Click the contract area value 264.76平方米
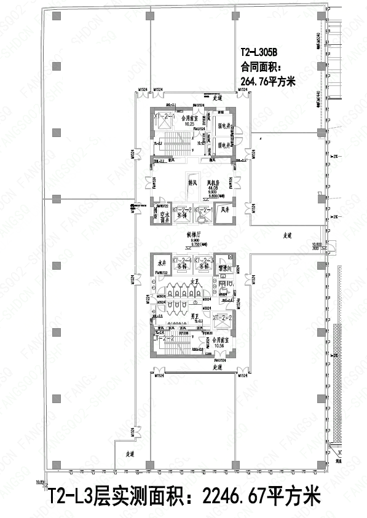pos(267,80)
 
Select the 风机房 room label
pos(214,182)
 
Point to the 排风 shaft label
pos(191,182)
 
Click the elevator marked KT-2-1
pos(204,212)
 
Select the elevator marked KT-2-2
pos(182,212)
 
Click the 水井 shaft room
pos(162,264)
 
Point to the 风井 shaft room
pos(225,210)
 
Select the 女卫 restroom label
pos(192,282)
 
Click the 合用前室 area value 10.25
pos(189,124)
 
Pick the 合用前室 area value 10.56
pos(218,345)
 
